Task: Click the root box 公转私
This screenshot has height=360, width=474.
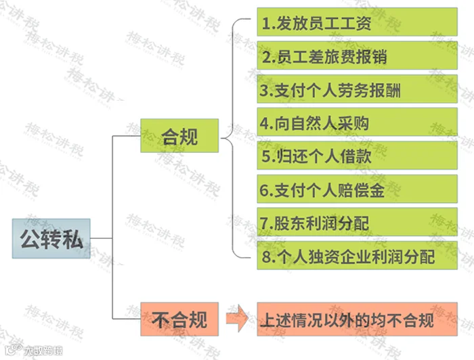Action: click(51, 238)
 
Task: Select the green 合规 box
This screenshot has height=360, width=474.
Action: click(179, 135)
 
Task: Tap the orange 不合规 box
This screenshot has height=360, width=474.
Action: click(179, 319)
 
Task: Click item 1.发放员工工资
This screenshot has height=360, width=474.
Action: click(357, 22)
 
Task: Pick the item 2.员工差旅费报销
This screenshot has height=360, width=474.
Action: click(357, 55)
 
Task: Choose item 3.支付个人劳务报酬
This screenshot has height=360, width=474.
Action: click(357, 89)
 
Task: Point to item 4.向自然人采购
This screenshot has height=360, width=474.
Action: click(357, 122)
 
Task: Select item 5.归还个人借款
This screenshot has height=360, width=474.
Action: click(357, 156)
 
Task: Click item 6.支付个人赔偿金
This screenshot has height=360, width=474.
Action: click(357, 189)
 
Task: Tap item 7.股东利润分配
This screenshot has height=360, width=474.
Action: click(357, 222)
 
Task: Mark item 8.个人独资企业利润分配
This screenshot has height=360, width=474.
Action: click(357, 256)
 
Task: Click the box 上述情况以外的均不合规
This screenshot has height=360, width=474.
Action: click(357, 319)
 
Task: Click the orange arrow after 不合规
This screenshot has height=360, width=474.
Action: click(237, 318)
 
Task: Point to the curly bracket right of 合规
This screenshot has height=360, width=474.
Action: click(233, 138)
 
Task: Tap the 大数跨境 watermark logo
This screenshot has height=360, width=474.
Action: click(34, 351)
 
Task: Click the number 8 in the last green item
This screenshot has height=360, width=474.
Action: click(266, 256)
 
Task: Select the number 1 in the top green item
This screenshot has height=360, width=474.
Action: click(265, 24)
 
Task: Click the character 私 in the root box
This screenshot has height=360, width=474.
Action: click(72, 239)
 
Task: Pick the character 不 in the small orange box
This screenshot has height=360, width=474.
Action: click(161, 319)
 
